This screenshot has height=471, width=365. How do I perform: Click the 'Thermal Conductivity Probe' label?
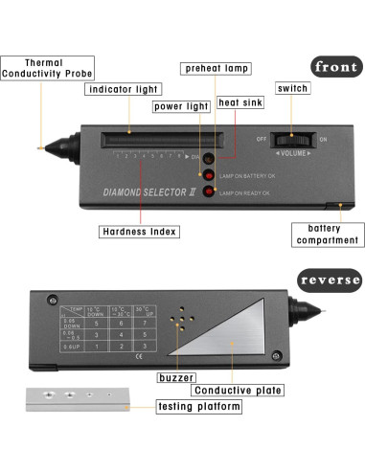coord(37,68)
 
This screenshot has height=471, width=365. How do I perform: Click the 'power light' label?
coord(180,106)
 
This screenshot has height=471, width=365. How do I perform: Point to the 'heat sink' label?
coord(240,102)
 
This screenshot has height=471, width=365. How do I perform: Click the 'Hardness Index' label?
coord(137,232)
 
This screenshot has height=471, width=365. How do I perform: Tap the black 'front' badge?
coord(335,67)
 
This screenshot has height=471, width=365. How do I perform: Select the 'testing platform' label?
coord(198,407)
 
